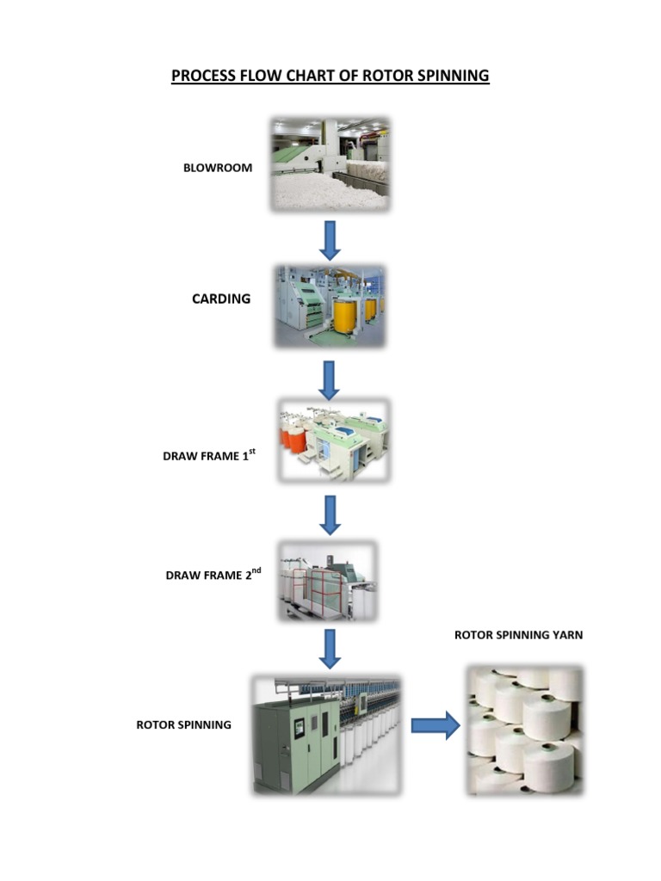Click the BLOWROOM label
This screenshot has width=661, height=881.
(218, 168)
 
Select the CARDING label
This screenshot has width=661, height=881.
(221, 299)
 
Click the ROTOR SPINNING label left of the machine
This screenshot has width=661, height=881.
(184, 724)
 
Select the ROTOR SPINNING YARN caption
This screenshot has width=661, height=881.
(518, 635)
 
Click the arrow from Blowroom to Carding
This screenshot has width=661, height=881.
(330, 239)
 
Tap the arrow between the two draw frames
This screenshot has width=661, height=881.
(330, 514)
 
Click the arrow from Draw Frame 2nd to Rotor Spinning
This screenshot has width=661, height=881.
(330, 648)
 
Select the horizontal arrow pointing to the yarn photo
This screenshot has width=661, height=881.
(436, 726)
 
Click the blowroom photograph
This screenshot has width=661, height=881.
(330, 164)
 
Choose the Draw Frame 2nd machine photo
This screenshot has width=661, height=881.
(327, 581)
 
